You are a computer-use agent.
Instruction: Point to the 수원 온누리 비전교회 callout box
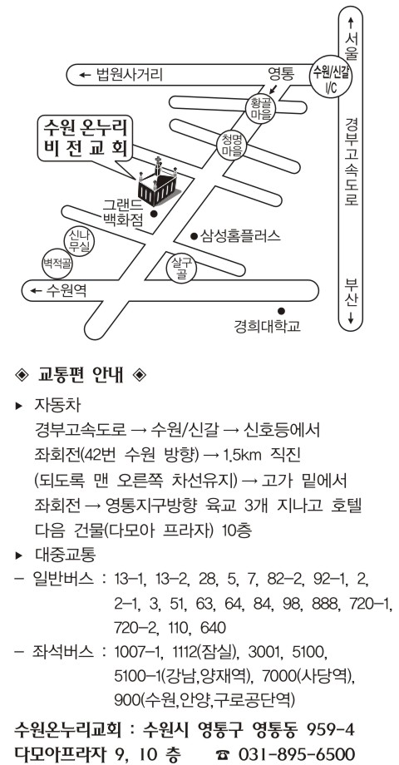click(85, 138)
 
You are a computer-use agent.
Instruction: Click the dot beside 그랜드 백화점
click(154, 214)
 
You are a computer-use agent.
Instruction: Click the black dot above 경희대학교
click(281, 311)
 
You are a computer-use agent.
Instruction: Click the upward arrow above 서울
click(350, 23)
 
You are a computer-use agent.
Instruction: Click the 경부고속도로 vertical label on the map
click(351, 161)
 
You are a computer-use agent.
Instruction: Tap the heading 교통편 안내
click(82, 375)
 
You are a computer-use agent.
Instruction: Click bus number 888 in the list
click(329, 604)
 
